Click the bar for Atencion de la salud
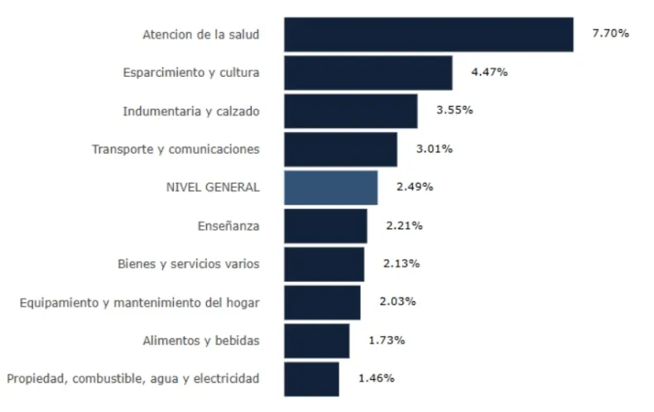pyautogui.click(x=428, y=35)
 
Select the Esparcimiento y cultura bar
pyautogui.click(x=368, y=73)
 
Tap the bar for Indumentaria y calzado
pyautogui.click(x=350, y=111)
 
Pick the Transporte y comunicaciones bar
pyautogui.click(x=340, y=149)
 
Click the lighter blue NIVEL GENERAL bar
pyautogui.click(x=330, y=188)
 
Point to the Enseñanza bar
pyautogui.click(x=325, y=226)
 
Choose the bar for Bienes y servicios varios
pyautogui.click(x=324, y=264)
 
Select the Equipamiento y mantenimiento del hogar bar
pyautogui.click(x=321, y=302)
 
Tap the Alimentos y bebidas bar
pyautogui.click(x=316, y=341)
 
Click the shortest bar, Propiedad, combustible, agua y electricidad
pyautogui.click(x=310, y=379)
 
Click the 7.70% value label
pyautogui.click(x=610, y=34)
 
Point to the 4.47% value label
pyautogui.click(x=489, y=72)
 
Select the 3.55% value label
pyautogui.click(x=454, y=110)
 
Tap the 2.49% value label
pyautogui.click(x=415, y=187)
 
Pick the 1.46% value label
pyautogui.click(x=376, y=378)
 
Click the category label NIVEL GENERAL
pyautogui.click(x=213, y=187)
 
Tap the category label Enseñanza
pyautogui.click(x=228, y=225)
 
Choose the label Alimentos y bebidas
pyautogui.click(x=201, y=340)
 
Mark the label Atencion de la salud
pyautogui.click(x=201, y=34)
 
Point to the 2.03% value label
pyautogui.click(x=397, y=301)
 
